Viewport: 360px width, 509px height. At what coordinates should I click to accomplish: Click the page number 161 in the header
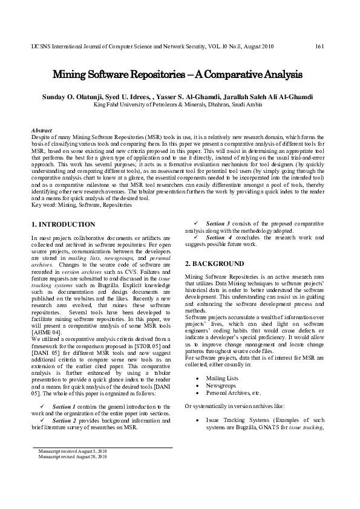pyautogui.click(x=321, y=46)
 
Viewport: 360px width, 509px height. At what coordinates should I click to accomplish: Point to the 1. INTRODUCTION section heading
pyautogui.click(x=63, y=224)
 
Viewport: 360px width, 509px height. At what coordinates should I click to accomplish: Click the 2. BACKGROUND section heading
pyautogui.click(x=214, y=264)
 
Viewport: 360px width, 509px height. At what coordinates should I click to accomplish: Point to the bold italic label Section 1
pyautogui.click(x=64, y=406)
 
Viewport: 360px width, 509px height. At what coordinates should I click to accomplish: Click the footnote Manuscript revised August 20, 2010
pyautogui.click(x=72, y=456)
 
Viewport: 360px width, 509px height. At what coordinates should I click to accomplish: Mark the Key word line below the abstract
pyautogui.click(x=82, y=205)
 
